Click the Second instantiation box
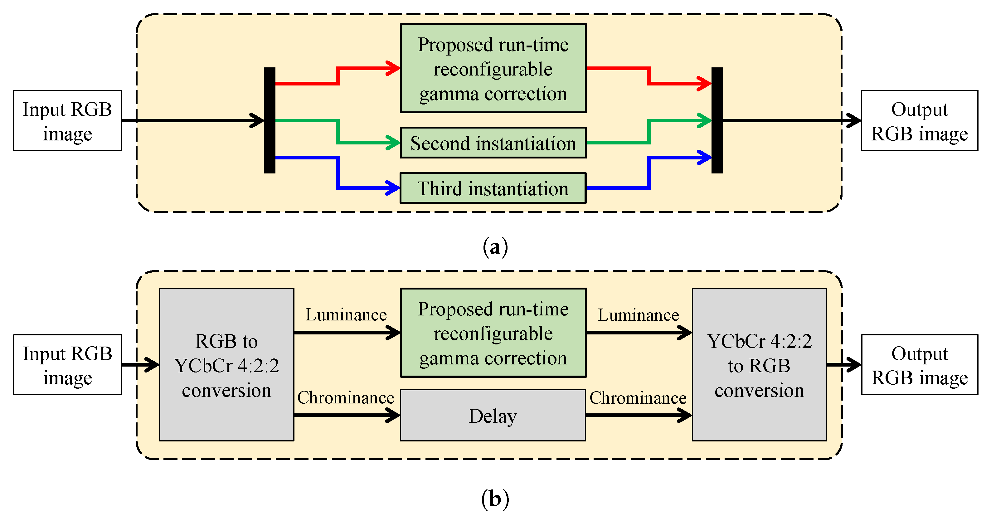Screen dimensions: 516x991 [493, 143]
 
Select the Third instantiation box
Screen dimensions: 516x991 [493, 188]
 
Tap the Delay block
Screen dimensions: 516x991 [493, 416]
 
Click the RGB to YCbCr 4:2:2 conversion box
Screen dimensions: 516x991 [226, 365]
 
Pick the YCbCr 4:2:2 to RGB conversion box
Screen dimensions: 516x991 [759, 365]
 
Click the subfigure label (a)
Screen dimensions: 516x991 [495, 247]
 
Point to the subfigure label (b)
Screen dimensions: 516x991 [495, 499]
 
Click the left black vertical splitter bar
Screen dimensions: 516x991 [269, 120]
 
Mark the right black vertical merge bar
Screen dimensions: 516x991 [717, 120]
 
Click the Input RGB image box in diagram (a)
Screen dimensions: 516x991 [67, 120]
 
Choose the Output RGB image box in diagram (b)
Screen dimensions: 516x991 [920, 365]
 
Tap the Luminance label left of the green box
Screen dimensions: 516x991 [346, 315]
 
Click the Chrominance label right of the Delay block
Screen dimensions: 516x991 [638, 398]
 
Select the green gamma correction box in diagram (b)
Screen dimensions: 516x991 [493, 333]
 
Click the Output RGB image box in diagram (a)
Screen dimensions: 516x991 [920, 120]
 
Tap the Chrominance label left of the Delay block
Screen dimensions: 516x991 [346, 397]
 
